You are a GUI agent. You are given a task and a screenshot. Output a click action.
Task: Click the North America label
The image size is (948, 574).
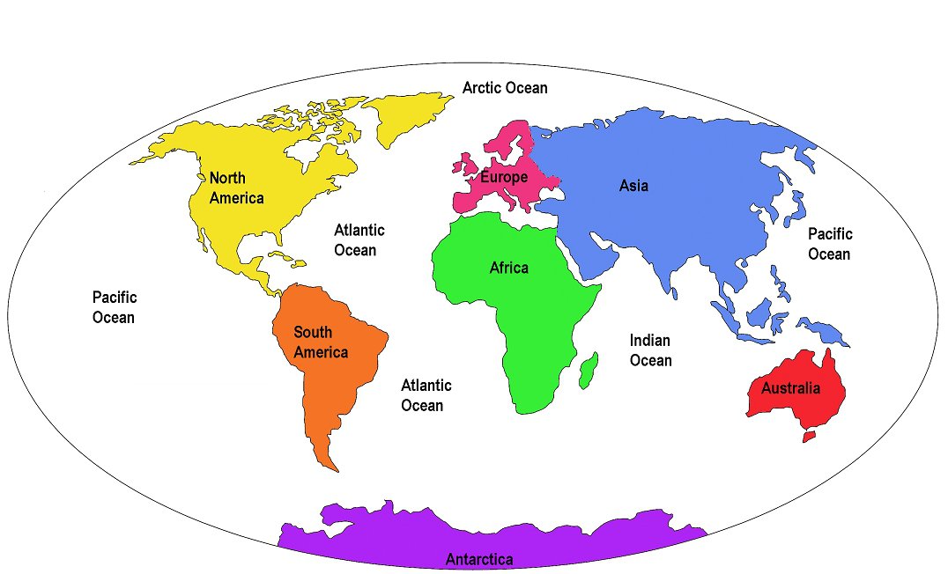point(236,188)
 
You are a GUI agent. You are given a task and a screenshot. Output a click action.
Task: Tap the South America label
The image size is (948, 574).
point(321,342)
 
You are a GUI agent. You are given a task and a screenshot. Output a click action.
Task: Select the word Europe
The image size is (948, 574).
point(504,177)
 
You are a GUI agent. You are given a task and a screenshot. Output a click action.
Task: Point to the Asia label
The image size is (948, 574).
point(633,186)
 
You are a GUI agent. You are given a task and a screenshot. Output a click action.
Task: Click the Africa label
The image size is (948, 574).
point(509,268)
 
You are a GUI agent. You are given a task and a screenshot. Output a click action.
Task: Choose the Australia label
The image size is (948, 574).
point(790,388)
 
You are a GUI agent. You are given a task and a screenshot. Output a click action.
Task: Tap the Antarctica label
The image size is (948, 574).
point(479,559)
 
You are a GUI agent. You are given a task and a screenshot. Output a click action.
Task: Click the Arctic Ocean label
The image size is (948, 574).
point(505,88)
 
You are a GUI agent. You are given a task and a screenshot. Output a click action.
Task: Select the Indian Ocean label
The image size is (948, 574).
point(650,350)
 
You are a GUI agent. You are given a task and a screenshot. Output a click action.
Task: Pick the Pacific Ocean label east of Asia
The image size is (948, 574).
point(830,244)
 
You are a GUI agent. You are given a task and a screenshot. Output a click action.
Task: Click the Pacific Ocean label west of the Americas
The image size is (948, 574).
point(114,307)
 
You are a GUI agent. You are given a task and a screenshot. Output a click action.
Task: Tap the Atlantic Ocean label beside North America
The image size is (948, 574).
point(359,239)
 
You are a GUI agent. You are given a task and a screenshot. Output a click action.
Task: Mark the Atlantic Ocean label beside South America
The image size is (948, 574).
point(426,395)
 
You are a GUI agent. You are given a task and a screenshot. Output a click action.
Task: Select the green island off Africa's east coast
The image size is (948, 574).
point(589,370)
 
